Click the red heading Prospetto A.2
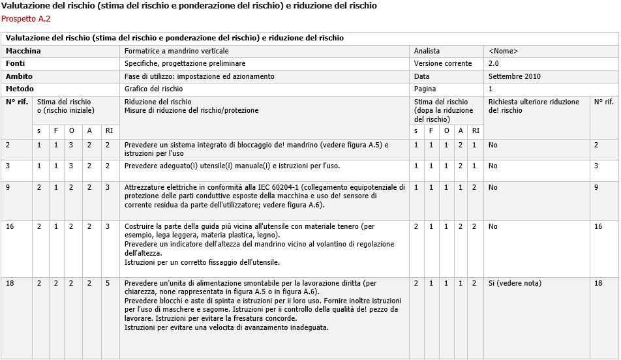[26, 18]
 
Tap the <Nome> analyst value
[503, 51]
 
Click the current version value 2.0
[494, 64]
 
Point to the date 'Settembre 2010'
[514, 76]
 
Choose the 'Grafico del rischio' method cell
[154, 89]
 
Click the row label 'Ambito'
[19, 76]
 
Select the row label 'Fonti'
[16, 64]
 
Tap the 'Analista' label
[427, 51]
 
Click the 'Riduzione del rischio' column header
[158, 102]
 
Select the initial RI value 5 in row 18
[108, 284]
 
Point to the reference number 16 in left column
[10, 226]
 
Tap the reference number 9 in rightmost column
[596, 187]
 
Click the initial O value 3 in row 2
[72, 145]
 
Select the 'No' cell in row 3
[493, 166]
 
